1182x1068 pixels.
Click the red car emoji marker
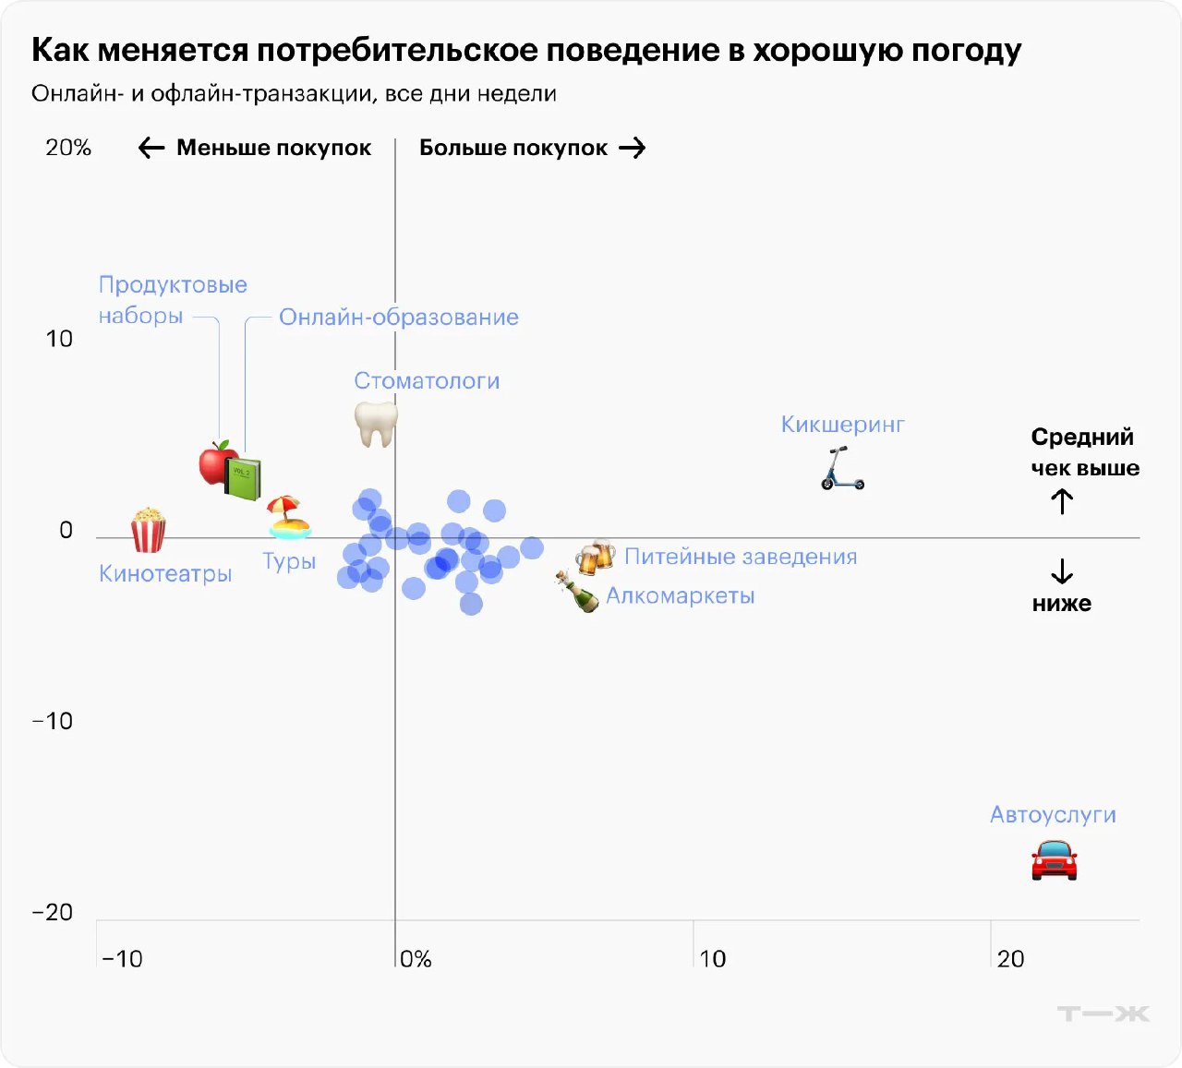[1054, 860]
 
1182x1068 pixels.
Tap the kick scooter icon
[842, 468]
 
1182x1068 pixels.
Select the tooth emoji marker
[376, 424]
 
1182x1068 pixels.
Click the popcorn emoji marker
[148, 530]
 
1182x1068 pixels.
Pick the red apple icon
[217, 462]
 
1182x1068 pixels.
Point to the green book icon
[244, 478]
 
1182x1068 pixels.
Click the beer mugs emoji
[595, 557]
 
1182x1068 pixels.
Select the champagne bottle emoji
[578, 592]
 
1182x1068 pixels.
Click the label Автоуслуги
[1053, 815]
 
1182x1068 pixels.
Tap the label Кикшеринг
[842, 425]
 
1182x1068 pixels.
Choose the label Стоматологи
[427, 381]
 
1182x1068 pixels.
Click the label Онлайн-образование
[399, 318]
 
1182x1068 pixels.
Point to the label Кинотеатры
[165, 574]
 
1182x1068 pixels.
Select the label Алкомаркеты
[681, 596]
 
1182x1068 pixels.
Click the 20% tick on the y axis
[68, 148]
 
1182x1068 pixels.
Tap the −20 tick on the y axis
[53, 912]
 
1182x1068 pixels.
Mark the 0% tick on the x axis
[416, 959]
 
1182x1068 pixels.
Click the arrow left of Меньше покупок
[151, 148]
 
